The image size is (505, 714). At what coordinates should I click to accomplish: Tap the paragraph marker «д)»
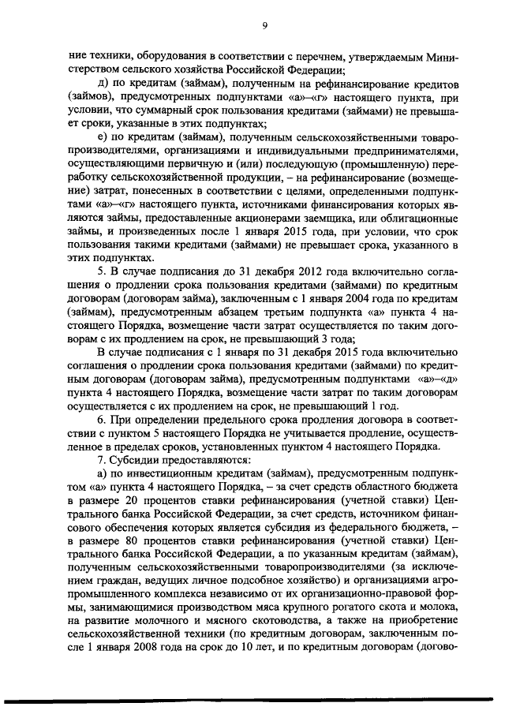[x=101, y=83]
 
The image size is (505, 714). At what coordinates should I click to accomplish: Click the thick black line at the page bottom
[x=252, y=701]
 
